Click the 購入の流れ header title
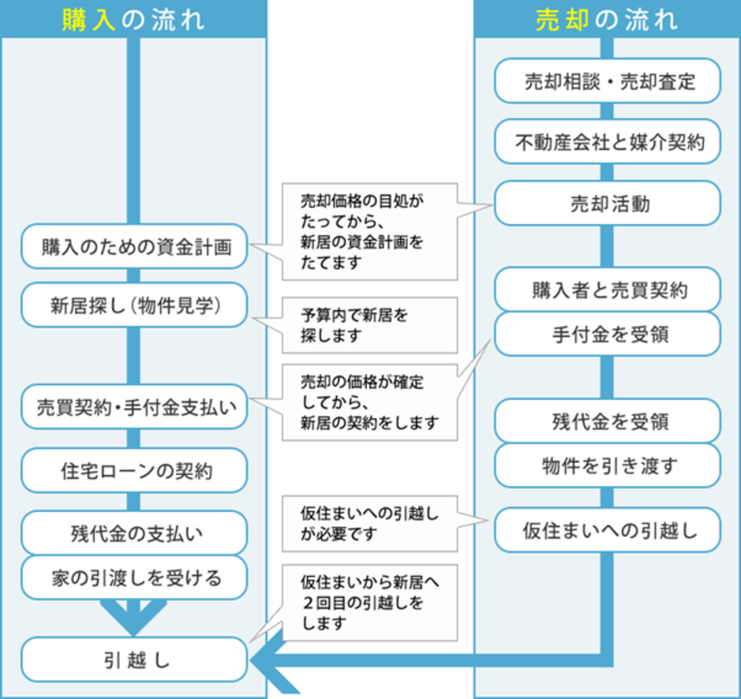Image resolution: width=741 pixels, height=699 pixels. click(133, 19)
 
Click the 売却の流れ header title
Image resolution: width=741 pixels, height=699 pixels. click(608, 19)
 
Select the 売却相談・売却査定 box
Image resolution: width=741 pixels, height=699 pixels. click(608, 81)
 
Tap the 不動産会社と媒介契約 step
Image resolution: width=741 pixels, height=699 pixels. click(608, 142)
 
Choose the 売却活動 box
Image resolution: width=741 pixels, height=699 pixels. click(608, 203)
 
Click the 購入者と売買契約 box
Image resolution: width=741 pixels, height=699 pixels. click(608, 289)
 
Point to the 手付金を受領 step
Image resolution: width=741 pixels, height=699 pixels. click(608, 333)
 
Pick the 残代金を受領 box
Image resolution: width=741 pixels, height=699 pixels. click(608, 421)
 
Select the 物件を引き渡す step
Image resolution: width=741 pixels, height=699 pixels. click(608, 465)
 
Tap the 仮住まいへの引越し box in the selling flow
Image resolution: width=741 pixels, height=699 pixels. click(608, 530)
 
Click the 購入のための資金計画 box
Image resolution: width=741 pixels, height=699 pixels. click(134, 246)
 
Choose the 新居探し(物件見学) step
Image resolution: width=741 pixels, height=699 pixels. click(134, 306)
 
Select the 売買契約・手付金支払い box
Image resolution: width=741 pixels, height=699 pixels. click(134, 406)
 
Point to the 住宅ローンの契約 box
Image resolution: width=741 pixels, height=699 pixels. click(134, 470)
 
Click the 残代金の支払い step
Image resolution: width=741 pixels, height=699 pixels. click(134, 532)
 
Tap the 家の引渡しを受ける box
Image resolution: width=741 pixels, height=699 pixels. click(134, 577)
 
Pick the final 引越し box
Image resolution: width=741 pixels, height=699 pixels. click(134, 659)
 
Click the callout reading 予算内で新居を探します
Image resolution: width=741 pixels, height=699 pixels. click(370, 325)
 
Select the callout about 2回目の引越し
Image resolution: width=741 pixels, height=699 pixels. click(370, 603)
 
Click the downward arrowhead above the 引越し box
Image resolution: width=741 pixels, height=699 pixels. click(133, 618)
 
